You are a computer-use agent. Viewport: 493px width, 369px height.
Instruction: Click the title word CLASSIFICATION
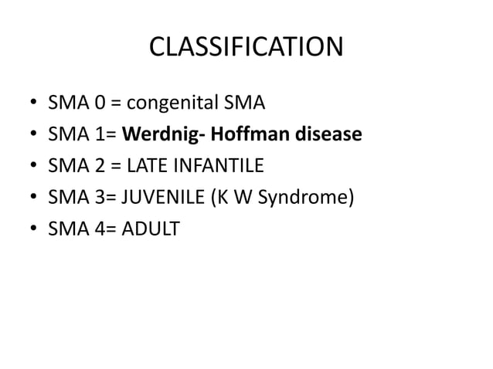coord(246,49)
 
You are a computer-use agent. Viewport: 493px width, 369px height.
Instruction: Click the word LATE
coord(156,166)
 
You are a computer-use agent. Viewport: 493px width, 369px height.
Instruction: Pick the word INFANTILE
coord(224,166)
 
